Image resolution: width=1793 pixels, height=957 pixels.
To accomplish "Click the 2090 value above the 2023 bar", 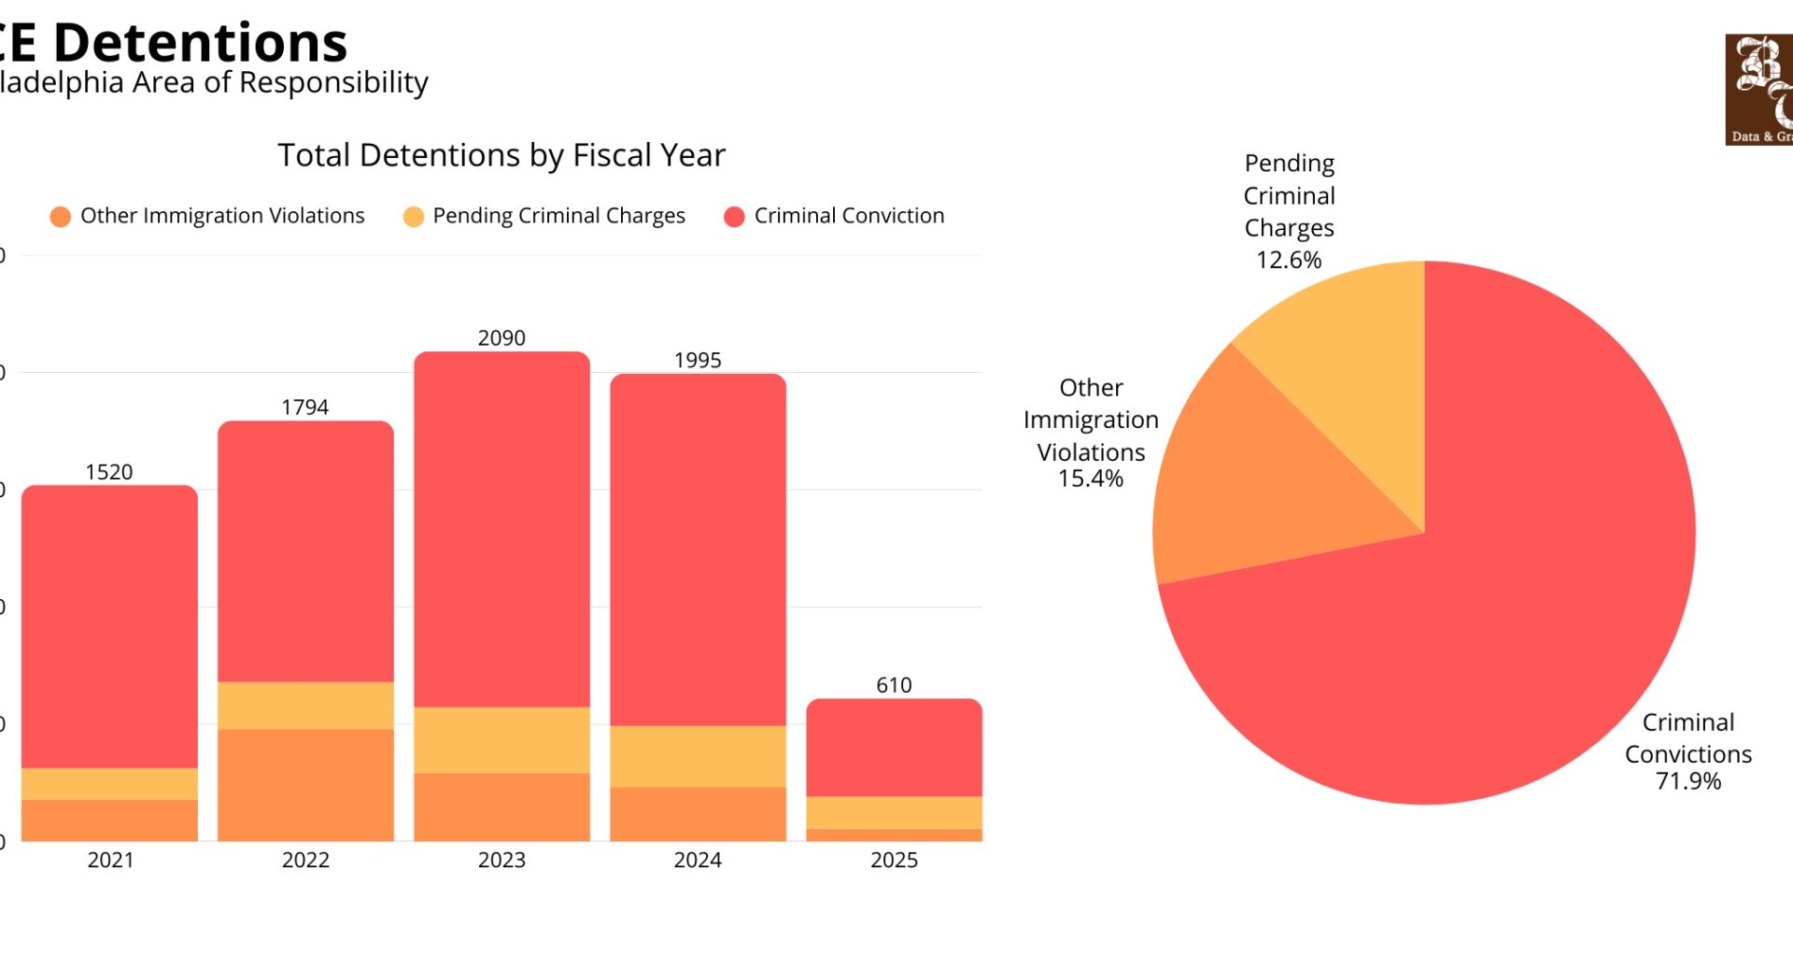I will pos(501,338).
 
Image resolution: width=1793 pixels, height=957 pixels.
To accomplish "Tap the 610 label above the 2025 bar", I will pos(894,685).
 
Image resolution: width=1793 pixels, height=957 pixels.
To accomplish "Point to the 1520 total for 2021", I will pos(109,472).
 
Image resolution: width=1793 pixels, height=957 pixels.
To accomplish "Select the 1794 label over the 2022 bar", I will pos(305,407).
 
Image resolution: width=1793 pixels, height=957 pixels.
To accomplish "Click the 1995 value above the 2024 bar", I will pos(698,361).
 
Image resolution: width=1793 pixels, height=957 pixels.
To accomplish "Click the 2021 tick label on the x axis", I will pos(110,860).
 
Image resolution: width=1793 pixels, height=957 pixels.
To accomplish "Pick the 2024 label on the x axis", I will pos(698,860).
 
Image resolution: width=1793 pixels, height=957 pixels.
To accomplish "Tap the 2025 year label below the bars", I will pos(894,860).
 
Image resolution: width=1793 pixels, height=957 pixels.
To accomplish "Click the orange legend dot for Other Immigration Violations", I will pos(61,217).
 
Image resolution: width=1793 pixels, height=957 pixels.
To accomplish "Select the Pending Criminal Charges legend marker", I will pos(413,217).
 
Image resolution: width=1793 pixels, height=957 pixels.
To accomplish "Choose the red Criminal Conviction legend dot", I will pos(734,217).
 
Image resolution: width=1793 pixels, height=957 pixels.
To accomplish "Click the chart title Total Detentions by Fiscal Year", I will pos(501,155).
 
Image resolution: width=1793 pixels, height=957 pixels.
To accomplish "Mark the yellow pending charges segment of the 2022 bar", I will pos(305,706).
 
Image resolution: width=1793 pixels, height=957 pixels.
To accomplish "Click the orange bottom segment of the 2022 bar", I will pos(305,785).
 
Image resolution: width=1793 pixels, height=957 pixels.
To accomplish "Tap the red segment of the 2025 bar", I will pos(894,748).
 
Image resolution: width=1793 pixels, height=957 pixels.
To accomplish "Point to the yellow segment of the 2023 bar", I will pos(501,740).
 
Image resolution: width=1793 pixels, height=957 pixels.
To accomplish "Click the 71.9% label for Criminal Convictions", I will pos(1687,781).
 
